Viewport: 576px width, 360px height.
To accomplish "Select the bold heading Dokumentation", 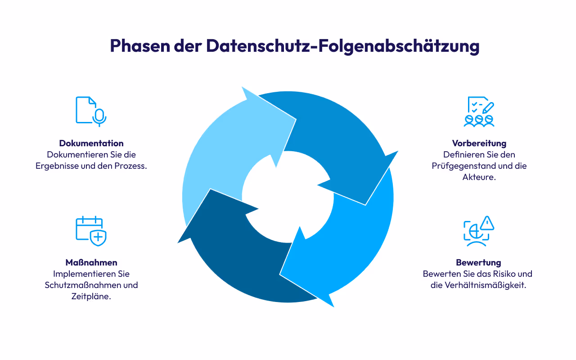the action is pos(91,143).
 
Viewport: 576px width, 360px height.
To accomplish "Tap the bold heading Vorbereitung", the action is pos(479,143).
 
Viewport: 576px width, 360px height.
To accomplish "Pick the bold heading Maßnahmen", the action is pos(91,262).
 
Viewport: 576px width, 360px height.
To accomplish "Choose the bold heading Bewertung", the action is pos(478,262).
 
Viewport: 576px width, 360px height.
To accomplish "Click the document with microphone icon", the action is pos(90,110).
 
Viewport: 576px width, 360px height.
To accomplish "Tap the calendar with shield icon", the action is pos(90,230).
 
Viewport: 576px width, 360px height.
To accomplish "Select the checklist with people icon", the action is pos(479,111).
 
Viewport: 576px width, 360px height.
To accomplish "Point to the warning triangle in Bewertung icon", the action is pos(487,223).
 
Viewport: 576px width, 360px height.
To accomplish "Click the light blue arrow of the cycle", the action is pos(225,148).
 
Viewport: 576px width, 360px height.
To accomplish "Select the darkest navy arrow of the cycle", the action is pos(234,261).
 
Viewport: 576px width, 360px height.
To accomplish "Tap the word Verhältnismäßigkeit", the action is pos(485,285).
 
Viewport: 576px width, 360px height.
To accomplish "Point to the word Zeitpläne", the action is pos(91,297).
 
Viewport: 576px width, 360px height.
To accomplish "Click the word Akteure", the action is pos(479,177).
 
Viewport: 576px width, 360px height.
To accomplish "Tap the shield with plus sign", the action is pos(98,237).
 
